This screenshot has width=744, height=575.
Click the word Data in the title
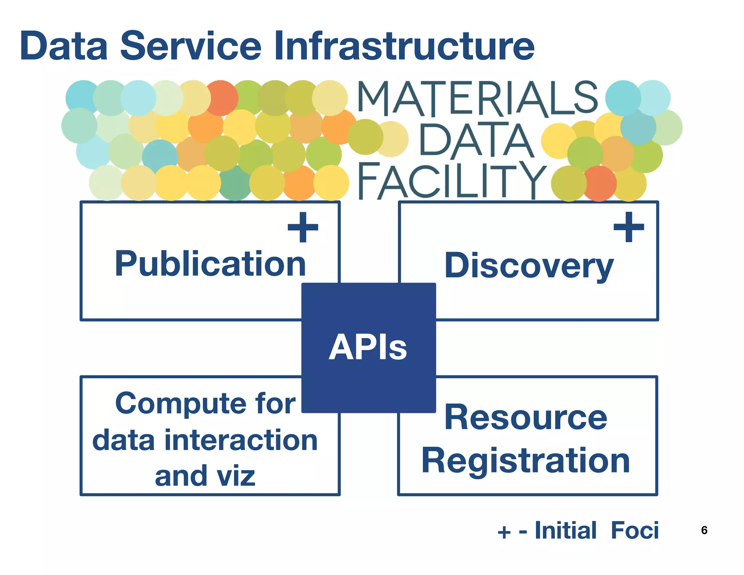tap(64, 46)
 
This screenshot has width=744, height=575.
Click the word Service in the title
tap(191, 46)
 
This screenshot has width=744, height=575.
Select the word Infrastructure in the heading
tap(404, 46)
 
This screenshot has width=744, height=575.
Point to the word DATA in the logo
tap(476, 141)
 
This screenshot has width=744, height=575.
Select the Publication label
tap(210, 264)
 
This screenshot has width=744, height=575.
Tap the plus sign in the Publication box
tap(303, 227)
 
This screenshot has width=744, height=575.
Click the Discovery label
tap(529, 266)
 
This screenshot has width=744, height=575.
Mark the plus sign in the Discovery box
tap(628, 227)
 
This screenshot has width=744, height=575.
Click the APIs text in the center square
tap(368, 348)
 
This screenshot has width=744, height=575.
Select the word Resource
tap(525, 418)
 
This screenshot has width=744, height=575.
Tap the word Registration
tap(525, 461)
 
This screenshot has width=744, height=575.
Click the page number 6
tap(704, 530)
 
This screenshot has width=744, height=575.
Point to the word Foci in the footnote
tap(634, 531)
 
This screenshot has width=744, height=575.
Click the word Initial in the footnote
tap(565, 531)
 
